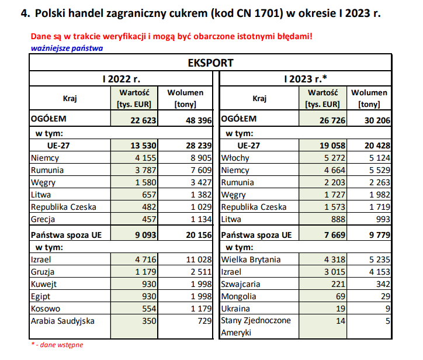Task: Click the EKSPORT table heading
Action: point(210,63)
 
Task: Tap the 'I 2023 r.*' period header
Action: point(305,78)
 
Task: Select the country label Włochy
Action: point(235,158)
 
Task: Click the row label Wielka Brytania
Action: point(251,259)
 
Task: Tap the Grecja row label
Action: point(44,219)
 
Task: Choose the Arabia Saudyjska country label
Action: point(62,320)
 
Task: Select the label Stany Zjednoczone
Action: point(255,320)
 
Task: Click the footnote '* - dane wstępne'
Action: point(57,345)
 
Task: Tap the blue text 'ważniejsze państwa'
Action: point(66,48)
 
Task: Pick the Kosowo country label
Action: point(46,308)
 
